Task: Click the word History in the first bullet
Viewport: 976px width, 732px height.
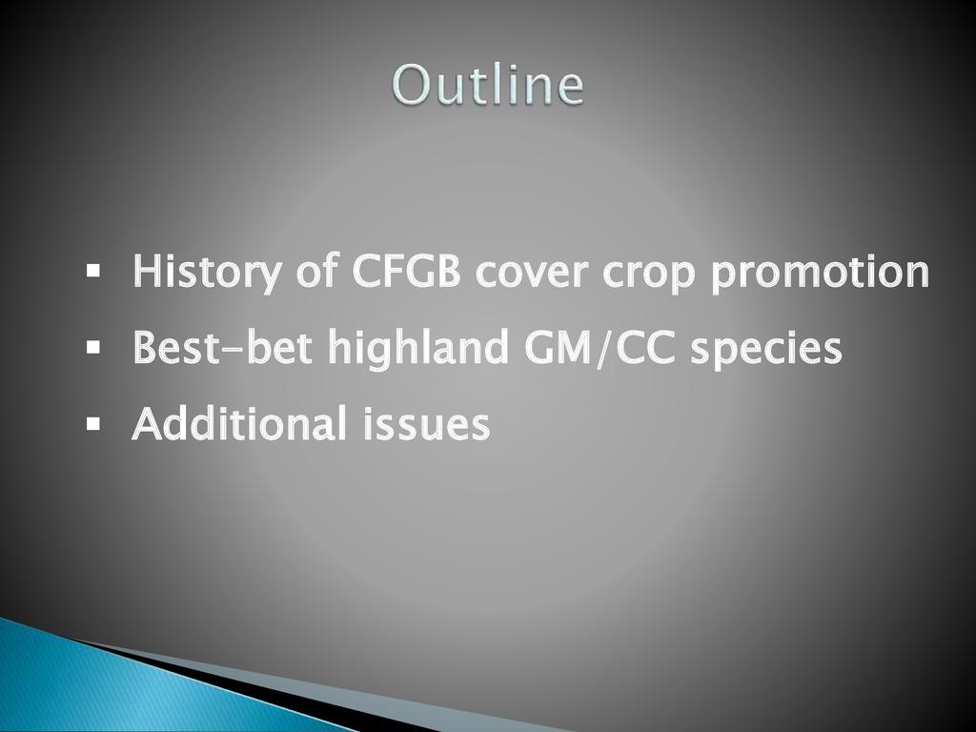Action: (x=207, y=272)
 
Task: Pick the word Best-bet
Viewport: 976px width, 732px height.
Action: (x=222, y=346)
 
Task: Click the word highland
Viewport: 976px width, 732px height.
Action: (x=418, y=349)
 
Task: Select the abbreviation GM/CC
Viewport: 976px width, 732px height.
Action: (x=600, y=346)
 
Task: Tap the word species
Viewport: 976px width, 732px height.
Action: (x=766, y=349)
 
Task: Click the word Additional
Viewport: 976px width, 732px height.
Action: (x=239, y=422)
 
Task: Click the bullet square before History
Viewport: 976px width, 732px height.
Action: (x=93, y=272)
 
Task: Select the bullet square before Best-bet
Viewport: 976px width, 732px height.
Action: (x=93, y=347)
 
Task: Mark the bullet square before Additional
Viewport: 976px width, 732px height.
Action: (x=93, y=424)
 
